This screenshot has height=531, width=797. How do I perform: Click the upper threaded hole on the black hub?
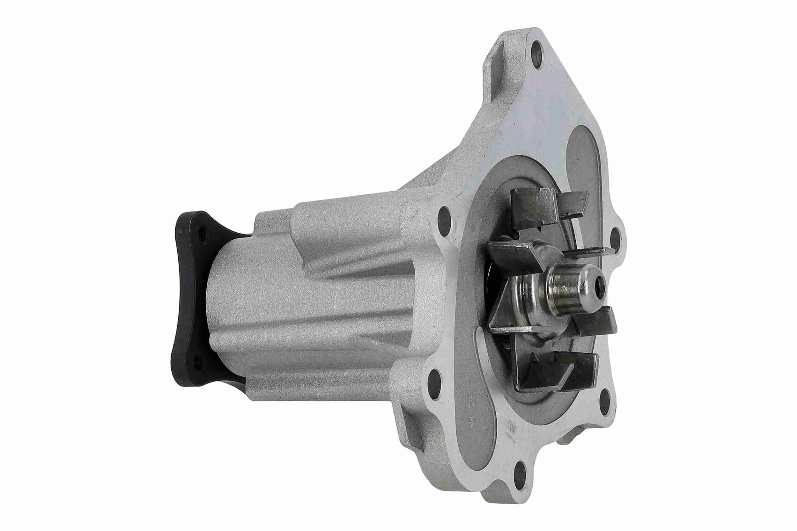point(202,233)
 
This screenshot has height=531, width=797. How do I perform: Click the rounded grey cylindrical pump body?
point(305,305)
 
